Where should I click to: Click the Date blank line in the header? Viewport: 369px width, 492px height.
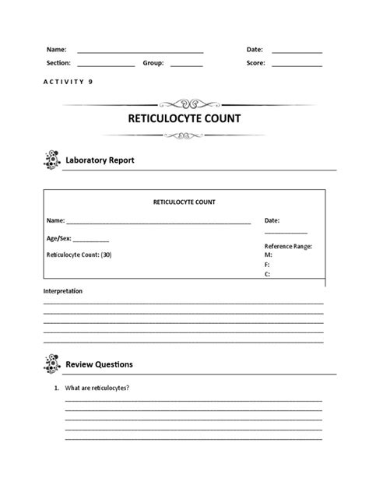[297, 52]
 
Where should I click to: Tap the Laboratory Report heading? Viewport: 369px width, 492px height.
[100, 160]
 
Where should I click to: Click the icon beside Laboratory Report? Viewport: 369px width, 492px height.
[51, 160]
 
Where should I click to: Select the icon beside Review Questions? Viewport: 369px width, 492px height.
[51, 364]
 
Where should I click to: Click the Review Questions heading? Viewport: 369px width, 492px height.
[99, 364]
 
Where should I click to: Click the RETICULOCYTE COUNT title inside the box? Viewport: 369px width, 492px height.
[184, 202]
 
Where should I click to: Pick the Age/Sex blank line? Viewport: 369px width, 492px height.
[92, 242]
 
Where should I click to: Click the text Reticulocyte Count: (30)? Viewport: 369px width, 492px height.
[79, 255]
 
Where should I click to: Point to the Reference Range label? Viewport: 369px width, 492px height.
[288, 246]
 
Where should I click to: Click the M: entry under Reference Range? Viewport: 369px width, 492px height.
[269, 255]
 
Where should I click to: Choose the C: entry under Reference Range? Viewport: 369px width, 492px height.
[268, 274]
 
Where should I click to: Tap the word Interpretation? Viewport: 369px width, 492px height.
[62, 291]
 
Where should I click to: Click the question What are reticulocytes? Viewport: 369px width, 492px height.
[97, 388]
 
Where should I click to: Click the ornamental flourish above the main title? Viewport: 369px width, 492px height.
[184, 102]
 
